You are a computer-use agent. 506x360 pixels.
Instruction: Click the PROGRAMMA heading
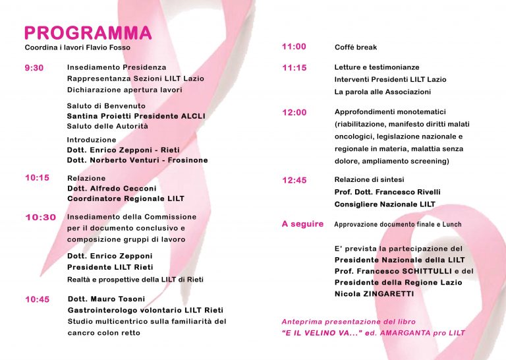(x=88, y=33)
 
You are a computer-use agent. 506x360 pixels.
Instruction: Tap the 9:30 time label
(x=34, y=68)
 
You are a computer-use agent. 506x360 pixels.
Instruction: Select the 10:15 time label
(x=37, y=177)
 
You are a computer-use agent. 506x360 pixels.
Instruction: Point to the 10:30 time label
(x=40, y=218)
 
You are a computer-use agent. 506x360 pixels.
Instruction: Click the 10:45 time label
(x=38, y=299)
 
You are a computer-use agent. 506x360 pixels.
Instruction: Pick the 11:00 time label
(x=294, y=47)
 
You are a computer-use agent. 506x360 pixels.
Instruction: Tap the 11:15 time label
(x=294, y=68)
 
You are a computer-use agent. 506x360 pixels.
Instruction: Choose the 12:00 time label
(x=294, y=113)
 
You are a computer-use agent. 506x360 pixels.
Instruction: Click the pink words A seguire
(x=302, y=224)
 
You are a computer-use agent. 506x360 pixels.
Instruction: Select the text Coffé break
(x=356, y=47)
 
